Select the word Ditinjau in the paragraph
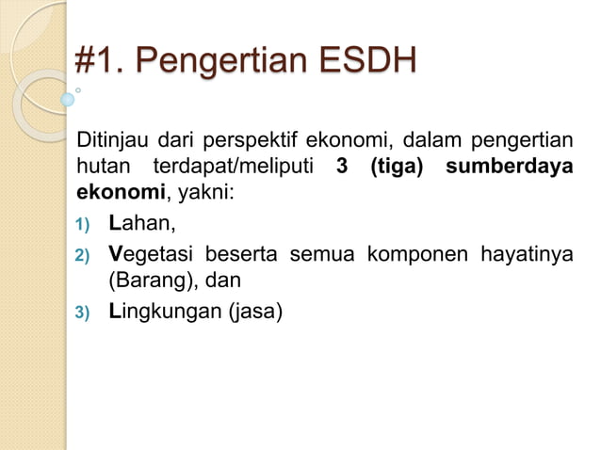point(112,144)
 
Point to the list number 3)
point(82,312)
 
